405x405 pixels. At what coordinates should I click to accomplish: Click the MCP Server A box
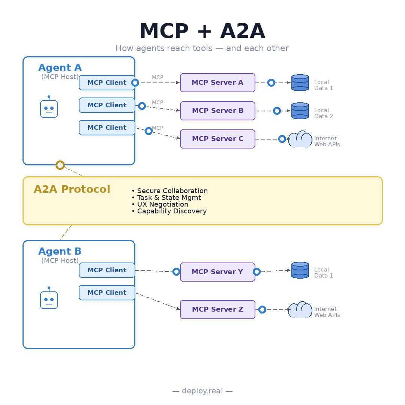[x=217, y=82]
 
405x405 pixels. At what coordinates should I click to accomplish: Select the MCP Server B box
[x=217, y=111]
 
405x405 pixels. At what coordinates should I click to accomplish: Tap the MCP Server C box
[x=217, y=139]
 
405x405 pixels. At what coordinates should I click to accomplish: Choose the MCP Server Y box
[x=217, y=272]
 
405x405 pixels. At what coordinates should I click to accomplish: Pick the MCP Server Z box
[x=217, y=309]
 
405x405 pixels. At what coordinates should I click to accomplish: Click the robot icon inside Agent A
[x=49, y=106]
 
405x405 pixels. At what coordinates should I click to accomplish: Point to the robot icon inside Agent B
[x=49, y=298]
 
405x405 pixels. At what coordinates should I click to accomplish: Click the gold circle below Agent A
[x=60, y=165]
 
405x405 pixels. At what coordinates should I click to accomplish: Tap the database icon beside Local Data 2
[x=300, y=111]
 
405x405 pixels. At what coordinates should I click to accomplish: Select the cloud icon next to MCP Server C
[x=300, y=139]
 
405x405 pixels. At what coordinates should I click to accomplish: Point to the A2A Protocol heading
[x=72, y=189]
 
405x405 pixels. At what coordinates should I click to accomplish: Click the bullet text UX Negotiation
[x=163, y=204]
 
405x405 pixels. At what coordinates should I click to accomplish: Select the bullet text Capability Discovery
[x=172, y=211]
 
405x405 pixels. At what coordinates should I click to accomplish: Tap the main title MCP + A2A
[x=202, y=31]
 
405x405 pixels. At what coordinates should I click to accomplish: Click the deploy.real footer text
[x=202, y=391]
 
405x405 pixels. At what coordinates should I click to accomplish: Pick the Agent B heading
[x=60, y=251]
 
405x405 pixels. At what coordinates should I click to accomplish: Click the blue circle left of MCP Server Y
[x=176, y=272]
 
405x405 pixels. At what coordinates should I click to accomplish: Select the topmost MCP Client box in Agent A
[x=107, y=82]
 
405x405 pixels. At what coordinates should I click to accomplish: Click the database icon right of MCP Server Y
[x=300, y=270]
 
